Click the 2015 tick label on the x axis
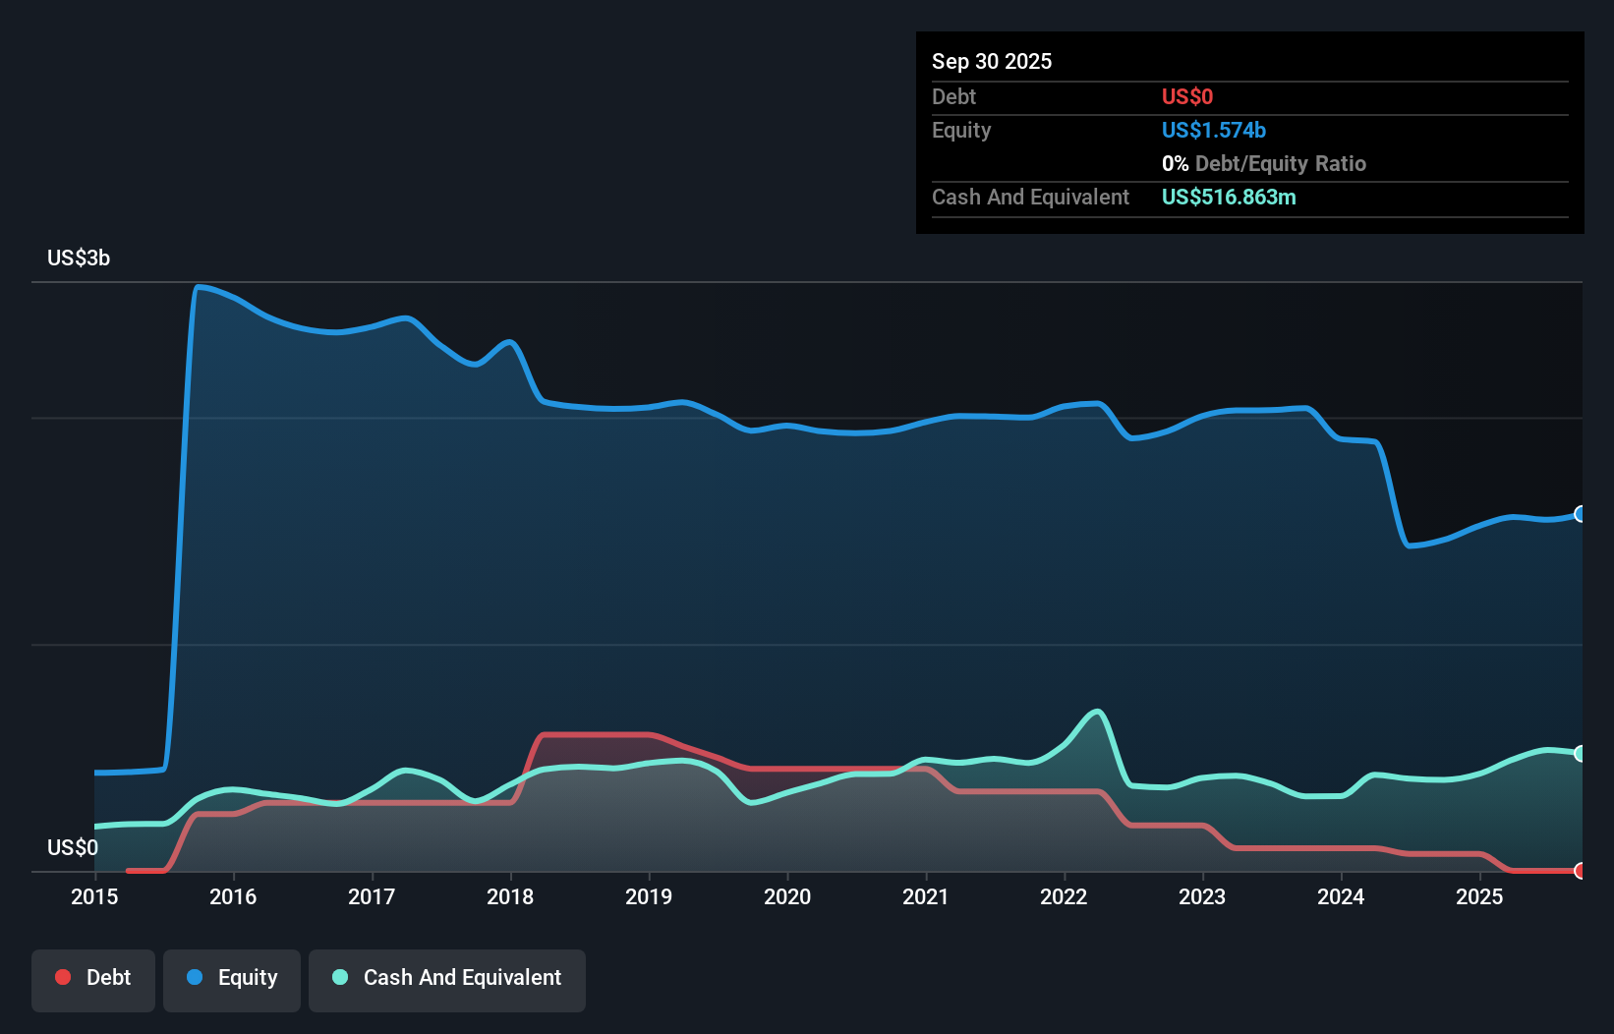[94, 896]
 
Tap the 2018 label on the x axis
[510, 896]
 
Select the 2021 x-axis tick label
[926, 896]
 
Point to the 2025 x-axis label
[1479, 896]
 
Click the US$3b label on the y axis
[79, 258]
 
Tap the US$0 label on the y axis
[73, 847]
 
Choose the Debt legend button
[93, 978]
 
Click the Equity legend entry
[232, 978]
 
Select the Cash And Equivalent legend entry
[447, 978]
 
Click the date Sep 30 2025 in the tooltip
[992, 61]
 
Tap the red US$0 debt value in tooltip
[1186, 96]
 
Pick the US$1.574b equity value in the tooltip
[1213, 130]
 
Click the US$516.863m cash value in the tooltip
[1229, 197]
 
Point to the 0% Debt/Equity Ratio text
[1263, 163]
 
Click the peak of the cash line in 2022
[1097, 712]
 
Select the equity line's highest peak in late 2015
[199, 287]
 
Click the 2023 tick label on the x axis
[1202, 896]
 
